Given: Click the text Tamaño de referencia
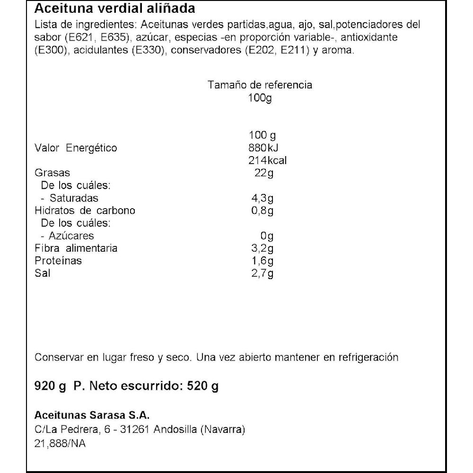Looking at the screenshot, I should pyautogui.click(x=260, y=85).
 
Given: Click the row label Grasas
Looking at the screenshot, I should pyautogui.click(x=52, y=173).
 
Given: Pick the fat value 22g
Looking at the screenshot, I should pyautogui.click(x=264, y=173).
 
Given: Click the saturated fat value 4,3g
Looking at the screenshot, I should pyautogui.click(x=262, y=199).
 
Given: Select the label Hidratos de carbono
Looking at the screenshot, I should pyautogui.click(x=85, y=211).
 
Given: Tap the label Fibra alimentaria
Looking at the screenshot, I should pyautogui.click(x=76, y=248).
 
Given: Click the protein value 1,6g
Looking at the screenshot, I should pyautogui.click(x=262, y=261).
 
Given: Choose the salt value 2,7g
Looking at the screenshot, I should pyautogui.click(x=262, y=273).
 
